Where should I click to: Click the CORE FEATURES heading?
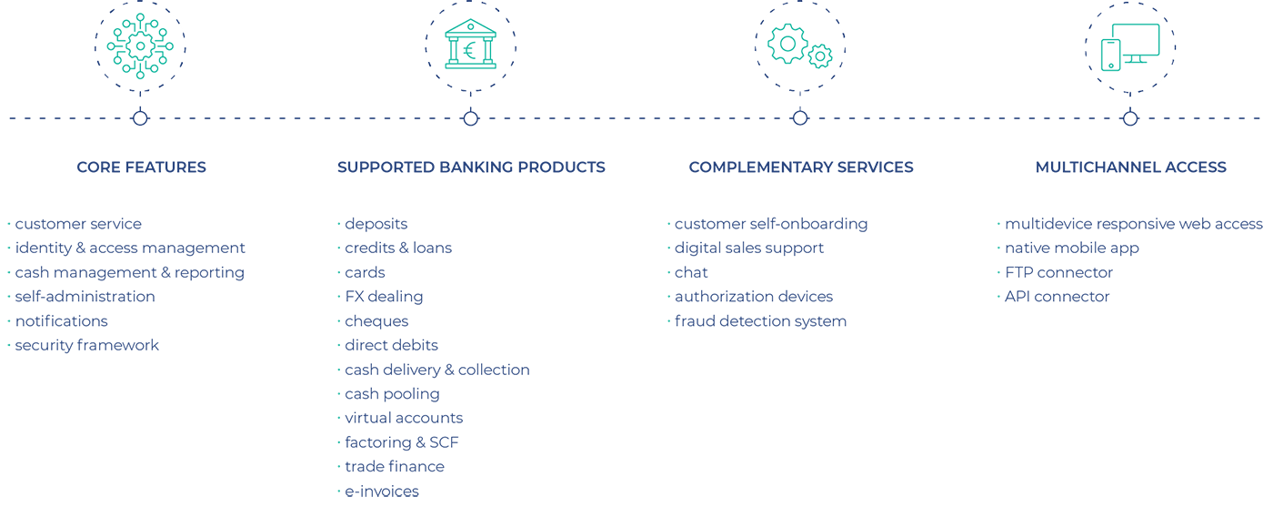coord(141,167)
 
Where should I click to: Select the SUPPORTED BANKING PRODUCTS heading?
coord(471,167)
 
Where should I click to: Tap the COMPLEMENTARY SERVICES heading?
coord(801,167)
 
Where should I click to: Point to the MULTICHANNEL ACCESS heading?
coord(1130,167)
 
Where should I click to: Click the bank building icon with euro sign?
coord(470,46)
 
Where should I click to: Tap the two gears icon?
coord(800,46)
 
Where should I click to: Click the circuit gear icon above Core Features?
coord(140,46)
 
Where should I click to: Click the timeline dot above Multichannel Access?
coord(1130,118)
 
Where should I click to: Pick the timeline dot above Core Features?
coord(140,118)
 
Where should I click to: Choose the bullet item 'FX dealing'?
coord(384,297)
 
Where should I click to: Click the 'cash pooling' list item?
coord(392,394)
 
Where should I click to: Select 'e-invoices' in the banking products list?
coord(382,492)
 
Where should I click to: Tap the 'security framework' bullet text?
coord(87,345)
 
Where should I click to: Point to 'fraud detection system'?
coord(760,321)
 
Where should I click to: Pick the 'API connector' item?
coord(1057,297)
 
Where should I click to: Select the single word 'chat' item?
coord(691,272)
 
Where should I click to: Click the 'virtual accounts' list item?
coord(404,418)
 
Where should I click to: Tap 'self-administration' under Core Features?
coord(85,297)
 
